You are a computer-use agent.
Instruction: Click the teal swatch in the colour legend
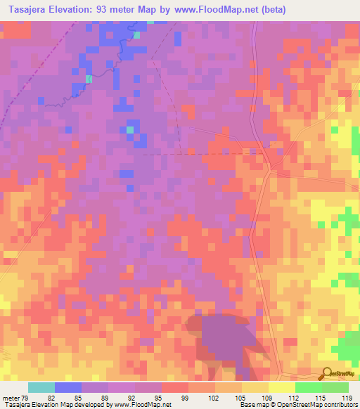tap(41, 387)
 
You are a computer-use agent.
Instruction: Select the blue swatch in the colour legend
tap(68, 387)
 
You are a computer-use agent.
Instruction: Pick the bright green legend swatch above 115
tap(308, 387)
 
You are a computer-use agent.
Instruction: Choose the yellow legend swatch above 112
tap(281, 387)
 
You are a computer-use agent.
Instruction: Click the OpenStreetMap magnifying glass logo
tap(327, 373)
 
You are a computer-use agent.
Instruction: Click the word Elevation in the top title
tap(77, 9)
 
